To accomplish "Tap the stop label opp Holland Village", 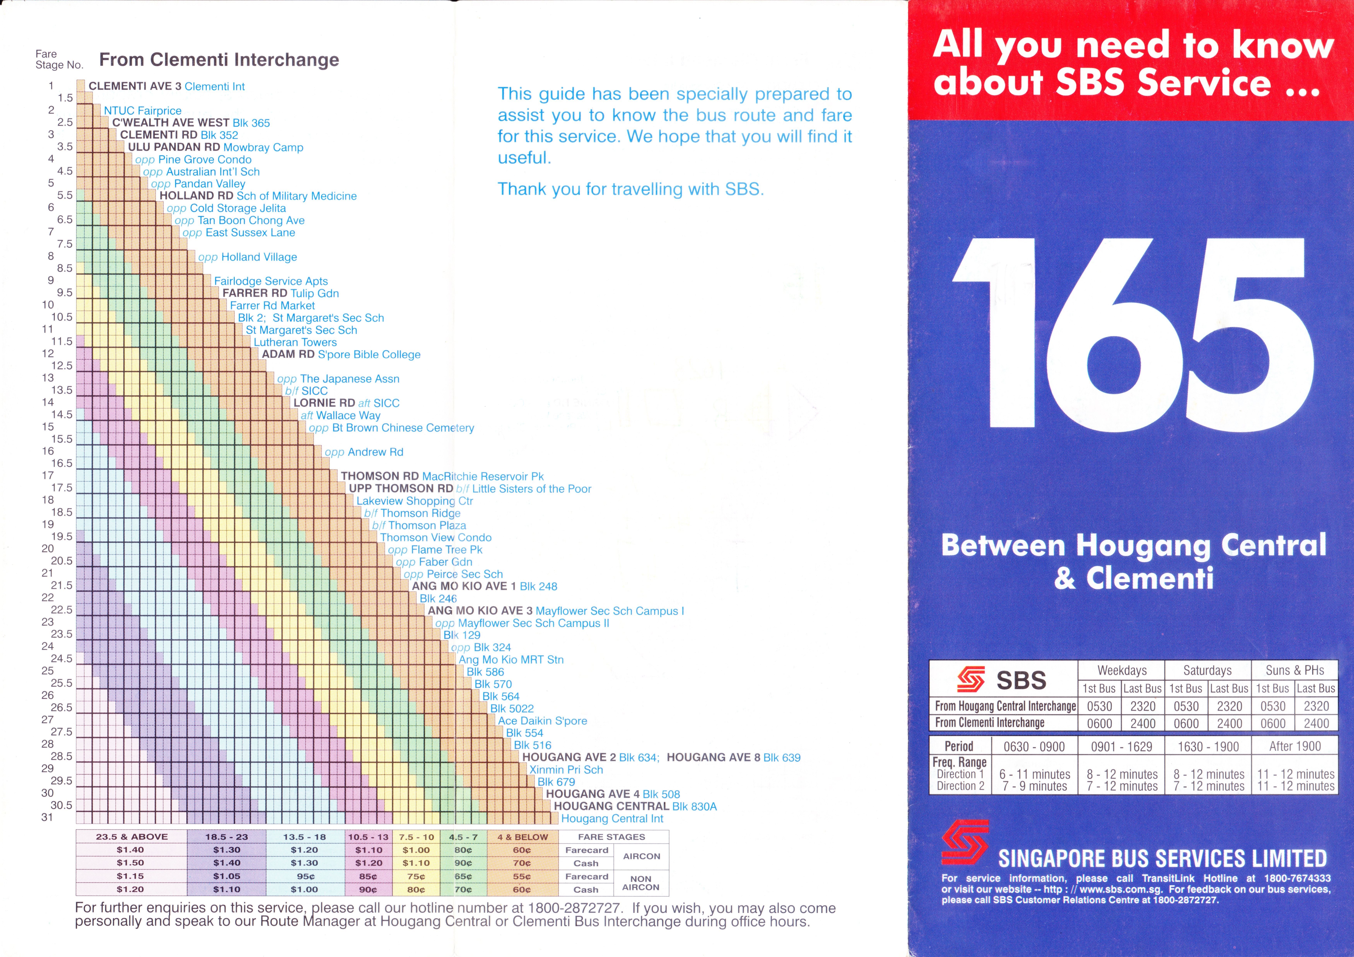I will tap(248, 257).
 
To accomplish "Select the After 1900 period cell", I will tap(1294, 746).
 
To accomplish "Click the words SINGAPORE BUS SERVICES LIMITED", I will tap(1162, 859).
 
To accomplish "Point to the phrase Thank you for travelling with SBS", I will tap(630, 189).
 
